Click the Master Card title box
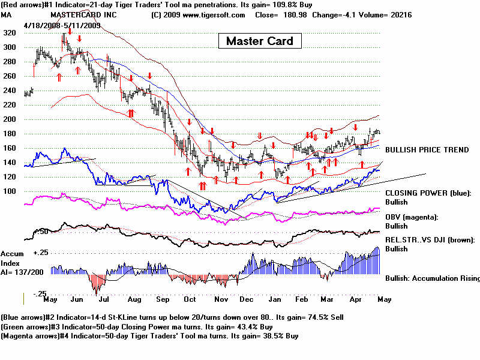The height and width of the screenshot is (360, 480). click(260, 41)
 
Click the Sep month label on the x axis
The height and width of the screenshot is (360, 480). click(161, 299)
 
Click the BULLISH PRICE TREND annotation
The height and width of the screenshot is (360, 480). click(427, 149)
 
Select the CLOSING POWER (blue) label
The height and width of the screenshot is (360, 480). click(428, 193)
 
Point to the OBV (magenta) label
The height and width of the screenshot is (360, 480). click(412, 217)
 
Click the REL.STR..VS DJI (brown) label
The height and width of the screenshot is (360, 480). click(430, 239)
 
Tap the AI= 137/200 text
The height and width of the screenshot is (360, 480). click(22, 271)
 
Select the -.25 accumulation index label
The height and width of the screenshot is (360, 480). click(39, 294)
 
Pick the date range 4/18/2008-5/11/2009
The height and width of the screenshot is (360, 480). click(62, 26)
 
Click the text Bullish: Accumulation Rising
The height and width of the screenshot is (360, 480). click(432, 278)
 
